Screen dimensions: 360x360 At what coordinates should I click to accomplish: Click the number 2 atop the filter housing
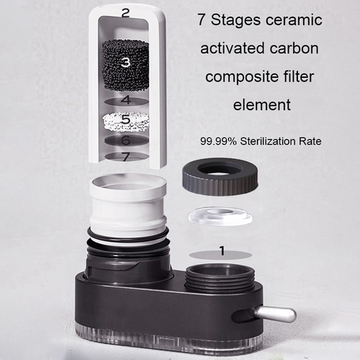pyautogui.click(x=125, y=12)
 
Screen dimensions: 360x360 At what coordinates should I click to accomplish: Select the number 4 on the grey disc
pyautogui.click(x=125, y=100)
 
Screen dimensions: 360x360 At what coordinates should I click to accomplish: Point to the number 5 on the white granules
pyautogui.click(x=125, y=120)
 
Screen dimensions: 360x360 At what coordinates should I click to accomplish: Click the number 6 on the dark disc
pyautogui.click(x=125, y=141)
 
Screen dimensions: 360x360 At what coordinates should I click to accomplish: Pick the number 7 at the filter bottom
pyautogui.click(x=125, y=156)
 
